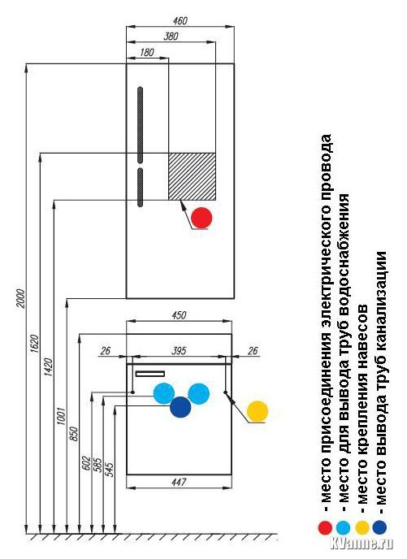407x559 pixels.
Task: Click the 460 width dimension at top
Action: pos(180,20)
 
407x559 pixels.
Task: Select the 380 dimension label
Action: pos(171,36)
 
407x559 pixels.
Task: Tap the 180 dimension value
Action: pos(147,52)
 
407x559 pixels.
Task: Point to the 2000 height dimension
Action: pos(21,298)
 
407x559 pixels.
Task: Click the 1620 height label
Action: pos(34,344)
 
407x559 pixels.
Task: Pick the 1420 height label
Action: pos(48,367)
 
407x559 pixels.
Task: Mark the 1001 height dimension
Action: pos(62,416)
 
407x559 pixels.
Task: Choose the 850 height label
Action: pos(74,434)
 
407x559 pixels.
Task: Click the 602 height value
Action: pos(87,463)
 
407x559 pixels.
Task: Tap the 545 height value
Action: pos(110,470)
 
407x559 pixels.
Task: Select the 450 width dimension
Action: pos(179,315)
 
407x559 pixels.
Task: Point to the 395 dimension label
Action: pos(179,351)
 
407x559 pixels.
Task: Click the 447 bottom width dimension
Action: pos(179,482)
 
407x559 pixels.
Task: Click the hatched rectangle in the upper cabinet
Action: pos(192,176)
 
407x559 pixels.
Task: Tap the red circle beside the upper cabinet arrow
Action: pos(201,218)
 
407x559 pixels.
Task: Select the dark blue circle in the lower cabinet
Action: pos(180,407)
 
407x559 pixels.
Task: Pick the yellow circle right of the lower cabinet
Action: pos(258,411)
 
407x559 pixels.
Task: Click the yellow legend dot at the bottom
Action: pos(362,527)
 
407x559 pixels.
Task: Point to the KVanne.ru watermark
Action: pos(362,543)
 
